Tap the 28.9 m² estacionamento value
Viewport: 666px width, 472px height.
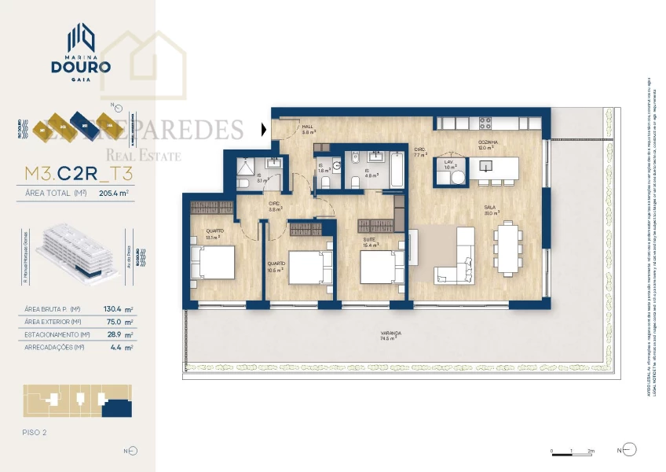tap(119, 334)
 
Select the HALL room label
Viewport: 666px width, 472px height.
tap(308, 127)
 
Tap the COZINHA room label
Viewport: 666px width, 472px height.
tap(488, 142)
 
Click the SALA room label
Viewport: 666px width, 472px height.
tap(488, 207)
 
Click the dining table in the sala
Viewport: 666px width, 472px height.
tap(507, 246)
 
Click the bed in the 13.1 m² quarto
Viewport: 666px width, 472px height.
tap(212, 262)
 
